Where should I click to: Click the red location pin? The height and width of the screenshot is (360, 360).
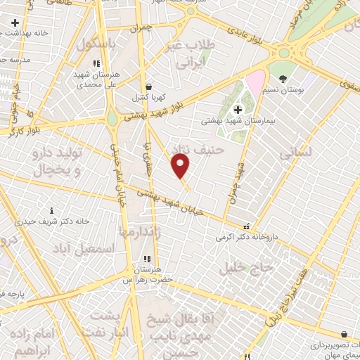181,166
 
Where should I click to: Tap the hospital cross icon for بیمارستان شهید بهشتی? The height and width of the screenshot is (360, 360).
238,109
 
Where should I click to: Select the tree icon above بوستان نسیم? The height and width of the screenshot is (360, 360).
283,79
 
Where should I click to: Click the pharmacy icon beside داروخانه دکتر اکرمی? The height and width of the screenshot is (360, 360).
246,227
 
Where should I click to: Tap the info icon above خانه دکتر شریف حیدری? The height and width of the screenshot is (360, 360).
51,210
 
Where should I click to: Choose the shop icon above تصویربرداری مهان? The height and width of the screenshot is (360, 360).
345,335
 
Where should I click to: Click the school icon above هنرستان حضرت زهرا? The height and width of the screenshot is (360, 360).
146,259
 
